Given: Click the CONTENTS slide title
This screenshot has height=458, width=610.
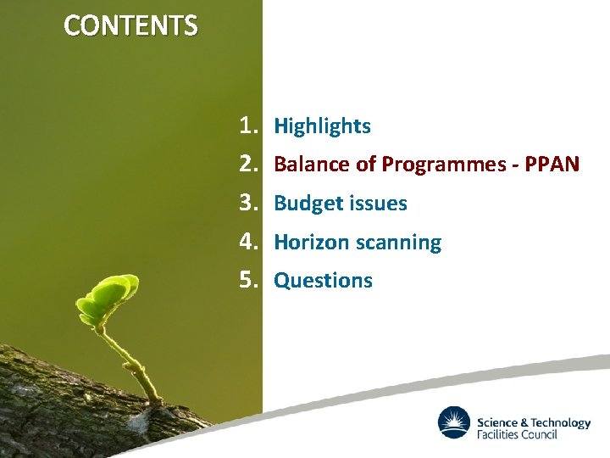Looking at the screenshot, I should coord(130,26).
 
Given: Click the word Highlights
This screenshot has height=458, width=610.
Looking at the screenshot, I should coord(322,126).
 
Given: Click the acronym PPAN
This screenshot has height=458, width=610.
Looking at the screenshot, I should coord(552,165).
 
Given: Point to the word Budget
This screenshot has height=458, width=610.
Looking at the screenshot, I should coord(303,204).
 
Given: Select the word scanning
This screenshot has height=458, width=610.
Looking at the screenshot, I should coord(398,243).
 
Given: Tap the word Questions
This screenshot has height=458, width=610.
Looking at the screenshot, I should coord(323,281).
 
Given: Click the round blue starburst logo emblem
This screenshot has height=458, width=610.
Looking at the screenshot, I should coord(454,422).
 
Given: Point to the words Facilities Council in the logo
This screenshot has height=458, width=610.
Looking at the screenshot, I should coord(517,434).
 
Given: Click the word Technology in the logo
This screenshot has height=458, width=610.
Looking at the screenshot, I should coord(561,422).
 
